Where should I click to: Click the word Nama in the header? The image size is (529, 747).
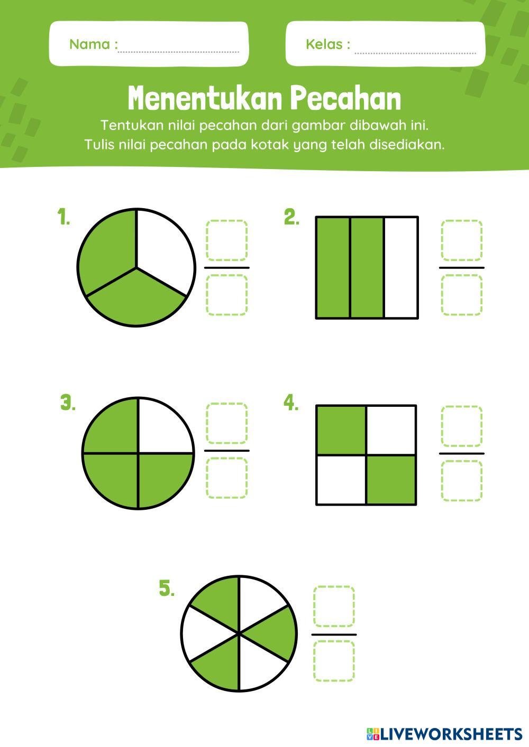89,44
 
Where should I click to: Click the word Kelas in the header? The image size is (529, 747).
324,44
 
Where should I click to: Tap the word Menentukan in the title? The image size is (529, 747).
204,98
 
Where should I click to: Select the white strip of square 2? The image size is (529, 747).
401,267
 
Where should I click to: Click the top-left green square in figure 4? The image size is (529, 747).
341,430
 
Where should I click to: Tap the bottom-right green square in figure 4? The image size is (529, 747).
391,479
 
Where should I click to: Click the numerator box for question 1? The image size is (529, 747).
227,240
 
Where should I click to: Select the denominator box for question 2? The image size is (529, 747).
461,295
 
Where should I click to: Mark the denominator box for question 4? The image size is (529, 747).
461,481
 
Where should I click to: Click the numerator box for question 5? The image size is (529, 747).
334,606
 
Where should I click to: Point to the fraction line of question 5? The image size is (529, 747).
334,634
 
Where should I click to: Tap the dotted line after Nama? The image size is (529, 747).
179,52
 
